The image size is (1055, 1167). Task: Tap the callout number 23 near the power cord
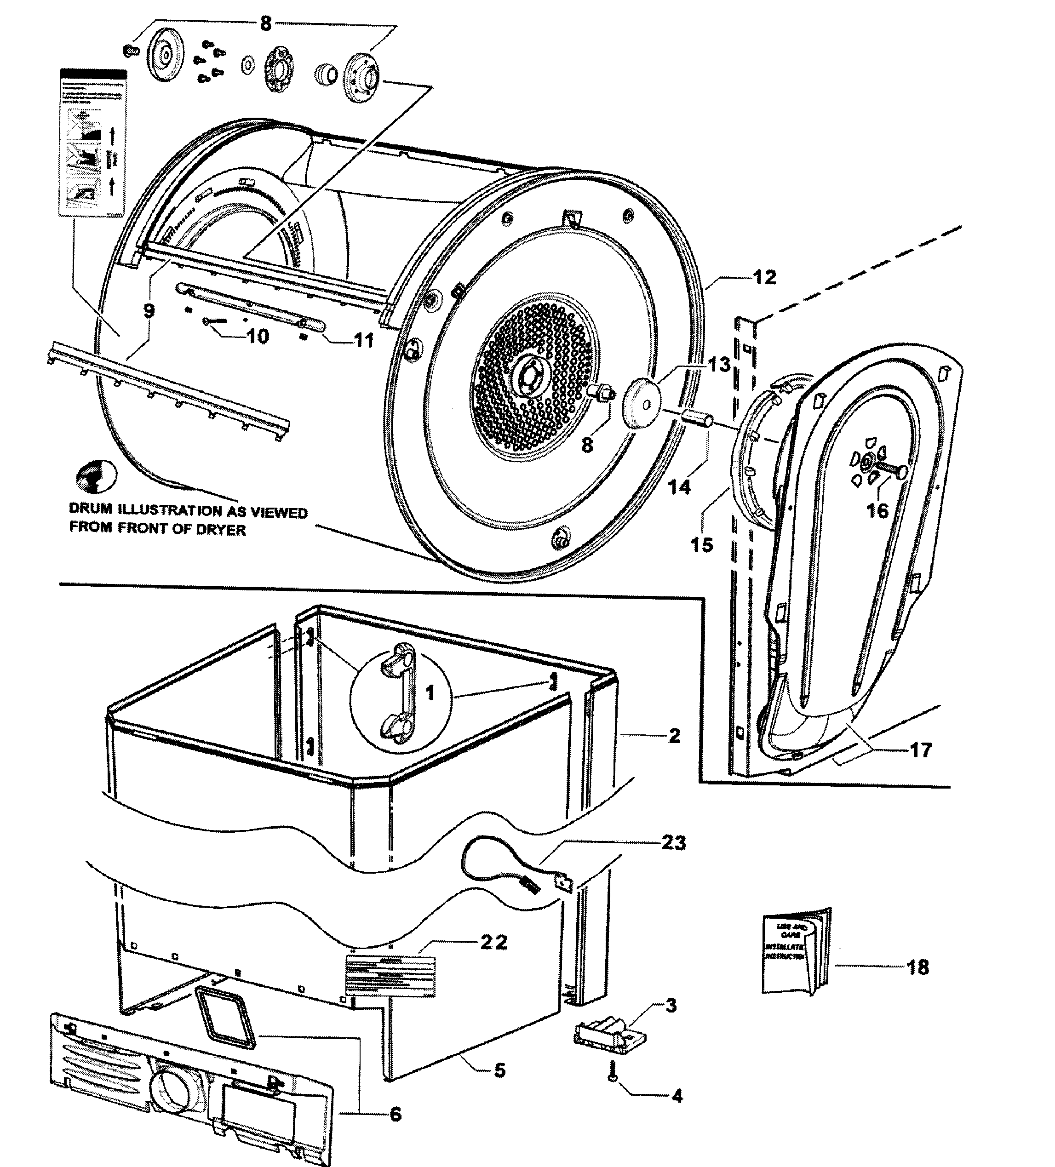pos(673,842)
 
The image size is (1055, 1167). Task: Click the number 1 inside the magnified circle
pos(429,693)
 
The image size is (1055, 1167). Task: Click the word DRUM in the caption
pos(90,509)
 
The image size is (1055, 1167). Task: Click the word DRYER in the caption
pos(222,530)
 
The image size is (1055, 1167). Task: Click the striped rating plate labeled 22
pos(390,977)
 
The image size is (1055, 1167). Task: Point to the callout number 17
pos(921,750)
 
